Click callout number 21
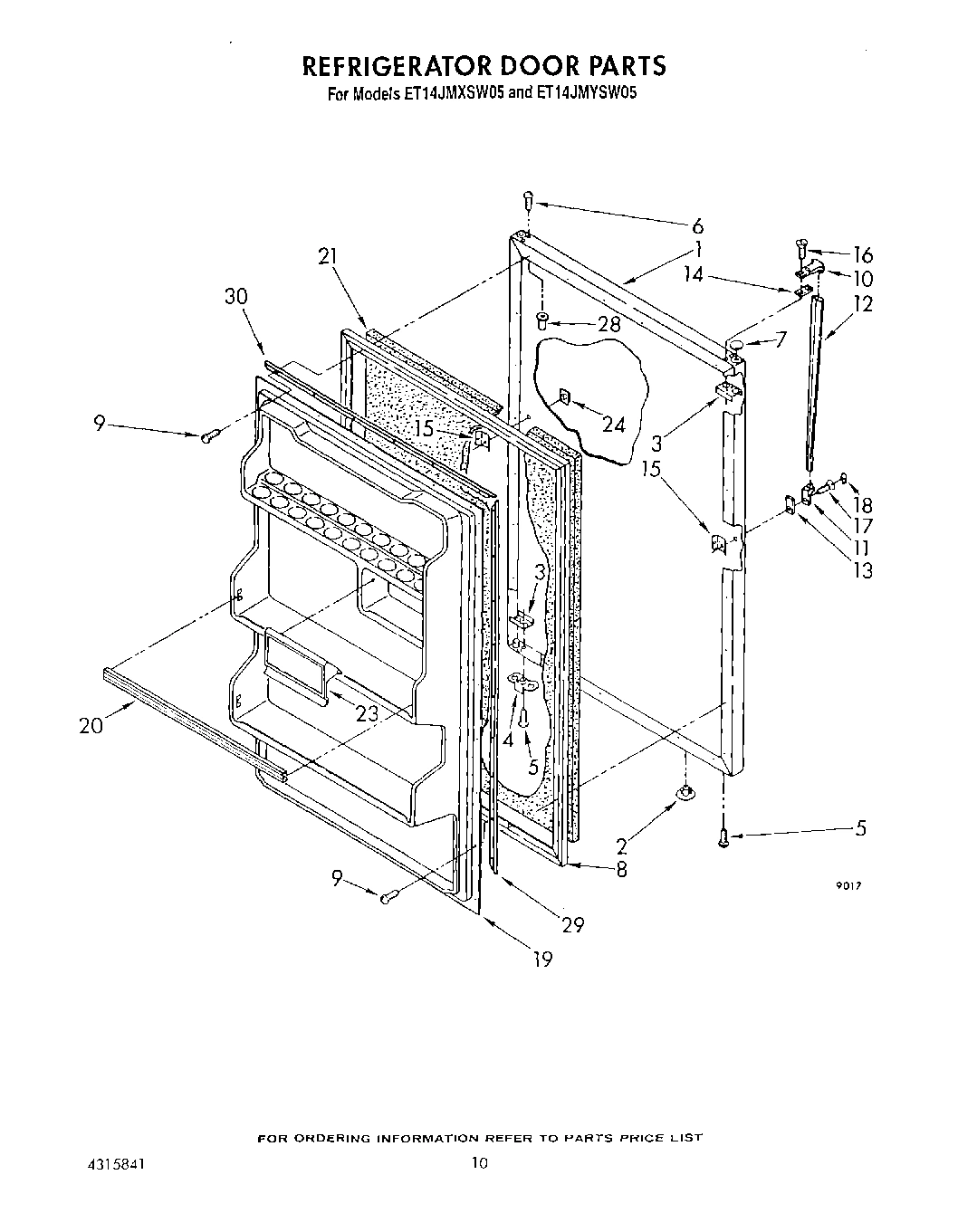[x=328, y=257]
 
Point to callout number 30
[x=236, y=298]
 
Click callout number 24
[x=614, y=423]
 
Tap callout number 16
[x=862, y=254]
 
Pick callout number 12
[x=862, y=304]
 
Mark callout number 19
[x=541, y=959]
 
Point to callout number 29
[x=572, y=924]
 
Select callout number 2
[x=622, y=847]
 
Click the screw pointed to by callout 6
[x=528, y=199]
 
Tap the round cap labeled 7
[x=734, y=344]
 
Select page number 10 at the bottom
[x=479, y=1163]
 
